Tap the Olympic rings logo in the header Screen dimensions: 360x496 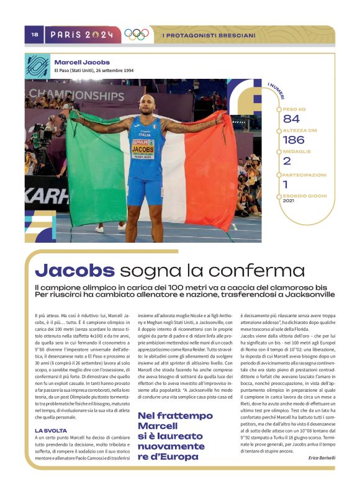[136, 35]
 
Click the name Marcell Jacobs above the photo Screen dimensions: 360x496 [82, 62]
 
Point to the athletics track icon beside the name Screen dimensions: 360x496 [37, 65]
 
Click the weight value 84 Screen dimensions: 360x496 [291, 119]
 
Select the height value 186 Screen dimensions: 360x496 [294, 140]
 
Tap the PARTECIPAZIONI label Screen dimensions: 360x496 [304, 175]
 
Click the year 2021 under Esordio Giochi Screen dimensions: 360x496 [289, 201]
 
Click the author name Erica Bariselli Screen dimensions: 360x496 [322, 458]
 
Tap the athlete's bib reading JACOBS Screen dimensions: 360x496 [143, 150]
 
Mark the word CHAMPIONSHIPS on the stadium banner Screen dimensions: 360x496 [76, 95]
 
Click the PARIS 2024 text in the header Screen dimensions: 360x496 [82, 35]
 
